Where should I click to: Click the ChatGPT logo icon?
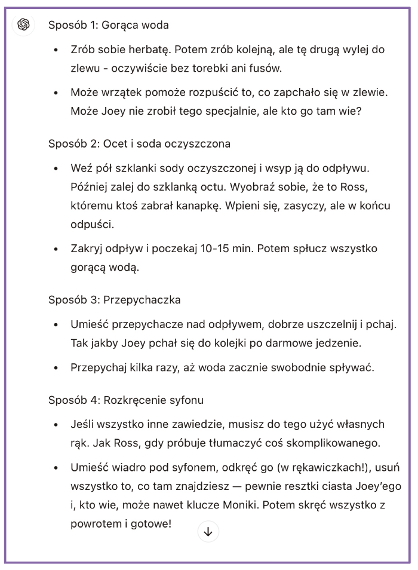(x=24, y=24)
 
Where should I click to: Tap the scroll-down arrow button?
(x=208, y=531)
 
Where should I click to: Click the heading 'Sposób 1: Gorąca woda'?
(x=108, y=25)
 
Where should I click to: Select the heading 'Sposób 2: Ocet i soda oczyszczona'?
(x=139, y=144)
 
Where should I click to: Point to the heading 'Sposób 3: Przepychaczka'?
(x=114, y=299)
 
